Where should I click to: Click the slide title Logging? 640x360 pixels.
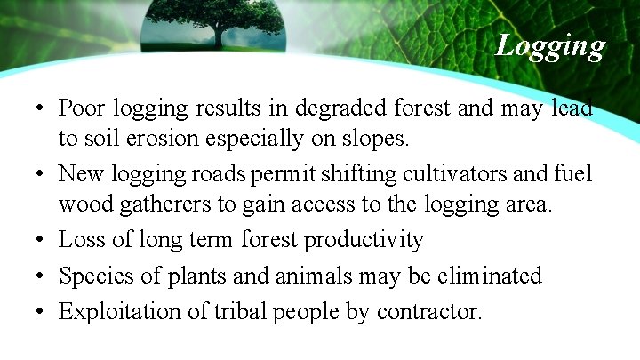[550, 44]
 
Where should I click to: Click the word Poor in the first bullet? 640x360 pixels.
[81, 108]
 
